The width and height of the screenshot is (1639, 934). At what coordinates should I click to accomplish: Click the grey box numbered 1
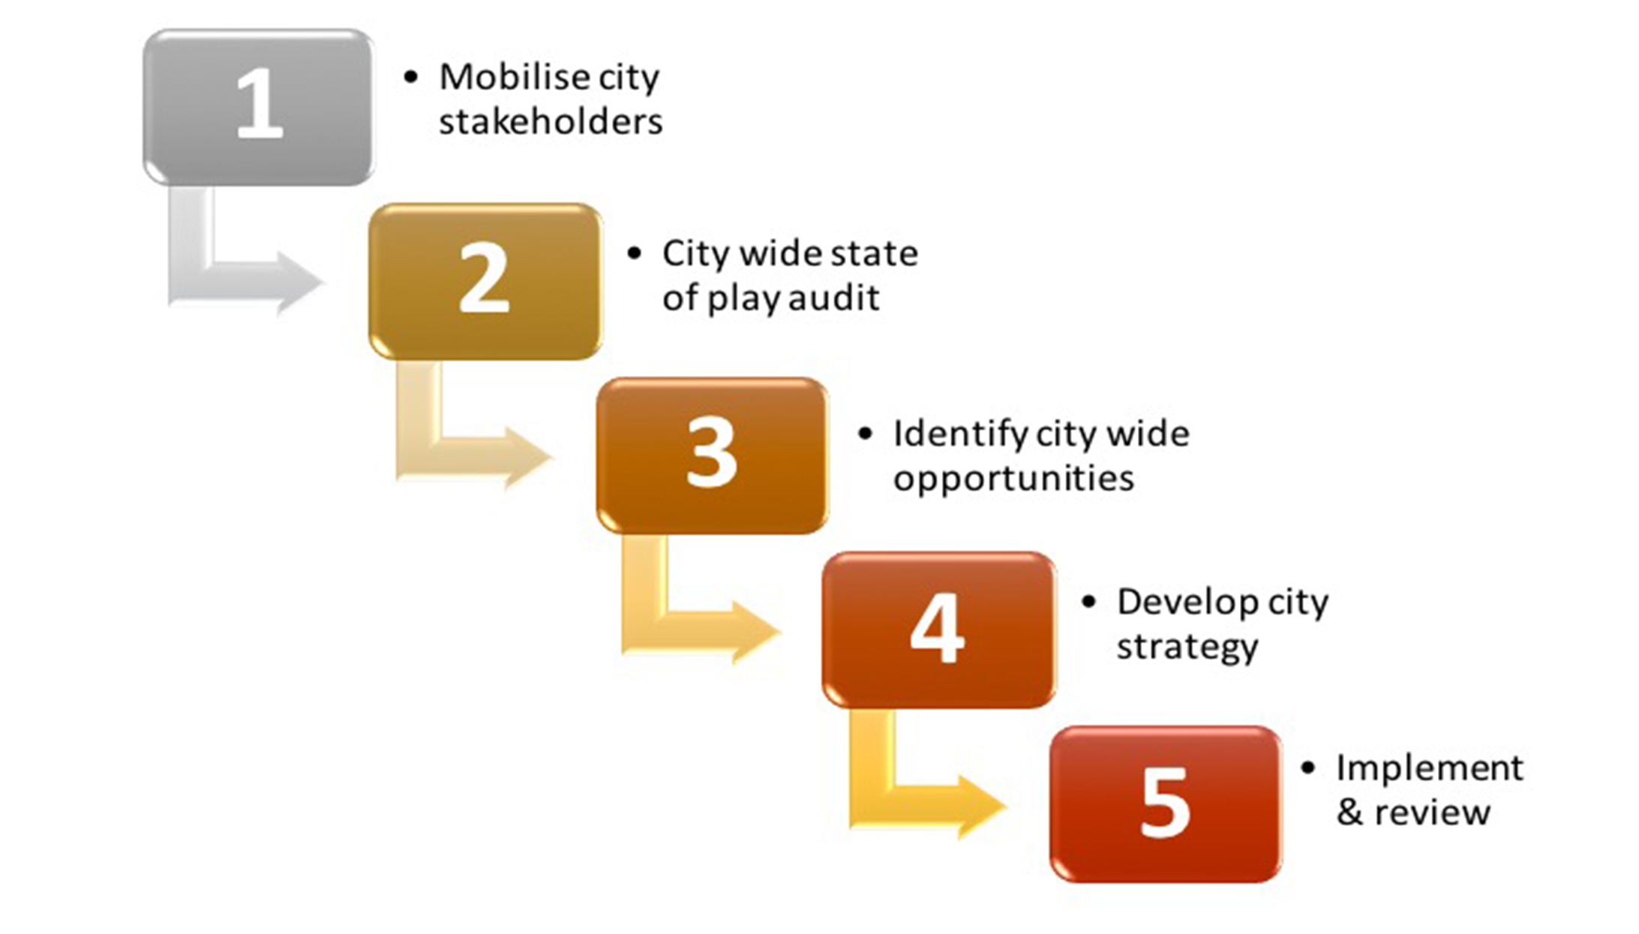coord(258,107)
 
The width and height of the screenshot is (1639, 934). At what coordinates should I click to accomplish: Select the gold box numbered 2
coord(485,281)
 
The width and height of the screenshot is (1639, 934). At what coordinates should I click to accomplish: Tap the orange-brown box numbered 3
coord(712,455)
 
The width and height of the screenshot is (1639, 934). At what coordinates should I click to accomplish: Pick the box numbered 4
coord(938,629)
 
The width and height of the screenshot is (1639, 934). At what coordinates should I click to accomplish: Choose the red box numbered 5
coord(1166,803)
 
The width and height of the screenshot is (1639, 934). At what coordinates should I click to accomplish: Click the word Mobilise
coord(503,77)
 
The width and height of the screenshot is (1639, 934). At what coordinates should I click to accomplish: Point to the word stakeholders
coord(551,122)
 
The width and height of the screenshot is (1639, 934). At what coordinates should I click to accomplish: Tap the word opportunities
coord(1013,479)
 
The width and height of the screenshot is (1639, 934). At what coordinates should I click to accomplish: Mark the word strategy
coord(1187,647)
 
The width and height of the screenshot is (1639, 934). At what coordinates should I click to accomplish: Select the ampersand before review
coord(1349,812)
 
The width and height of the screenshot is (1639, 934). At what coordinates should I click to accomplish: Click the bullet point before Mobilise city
coord(410,77)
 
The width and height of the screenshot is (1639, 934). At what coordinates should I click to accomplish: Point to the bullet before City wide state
coord(634,254)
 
